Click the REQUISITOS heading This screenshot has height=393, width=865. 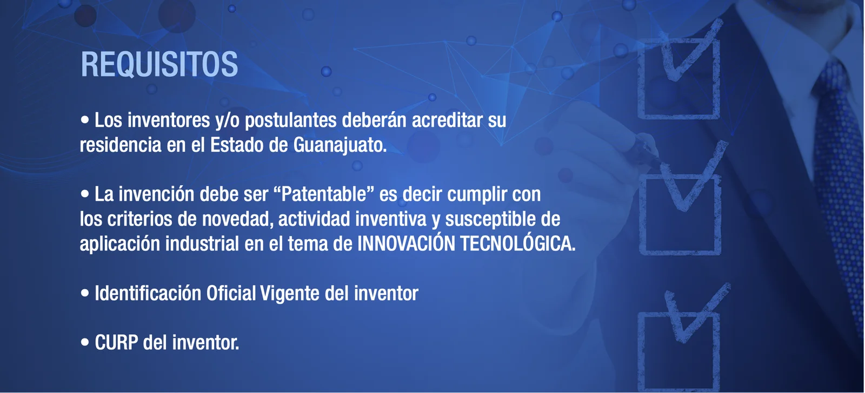(x=159, y=64)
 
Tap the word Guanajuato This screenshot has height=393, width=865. (x=340, y=145)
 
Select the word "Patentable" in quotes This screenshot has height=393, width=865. (x=324, y=194)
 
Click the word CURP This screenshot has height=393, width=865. (x=116, y=342)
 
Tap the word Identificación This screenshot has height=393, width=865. (x=148, y=293)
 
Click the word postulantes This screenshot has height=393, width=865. (x=290, y=120)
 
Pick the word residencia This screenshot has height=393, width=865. (x=121, y=145)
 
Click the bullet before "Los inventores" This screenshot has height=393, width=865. (x=84, y=119)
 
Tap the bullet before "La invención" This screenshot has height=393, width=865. (x=84, y=193)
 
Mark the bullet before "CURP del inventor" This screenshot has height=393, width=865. (x=84, y=342)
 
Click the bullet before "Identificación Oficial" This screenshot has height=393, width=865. (x=84, y=293)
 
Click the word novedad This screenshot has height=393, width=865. (x=235, y=219)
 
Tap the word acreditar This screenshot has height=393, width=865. (x=447, y=120)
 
